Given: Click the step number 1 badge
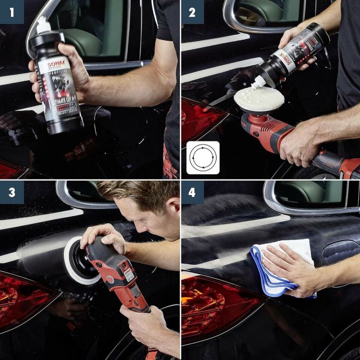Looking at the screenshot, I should pos(12,12).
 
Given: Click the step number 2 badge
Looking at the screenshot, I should pos(192,12).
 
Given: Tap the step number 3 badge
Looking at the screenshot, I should pos(12,192).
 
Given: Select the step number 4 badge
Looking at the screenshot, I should pos(192,192).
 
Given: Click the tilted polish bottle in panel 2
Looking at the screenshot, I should pos(291,54).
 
